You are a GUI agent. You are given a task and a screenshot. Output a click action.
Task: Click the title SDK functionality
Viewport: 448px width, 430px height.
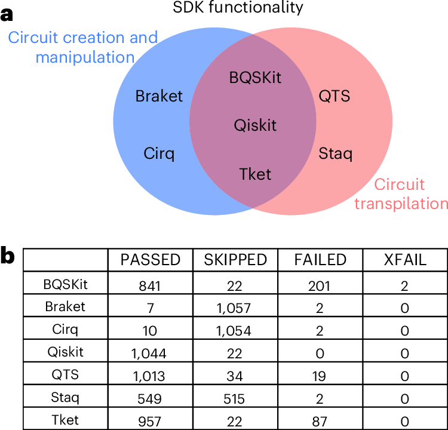coord(238,7)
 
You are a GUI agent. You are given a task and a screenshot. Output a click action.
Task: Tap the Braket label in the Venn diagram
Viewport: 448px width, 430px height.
coord(159,96)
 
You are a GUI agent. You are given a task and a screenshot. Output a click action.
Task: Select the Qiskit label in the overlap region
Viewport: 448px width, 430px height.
coord(255,125)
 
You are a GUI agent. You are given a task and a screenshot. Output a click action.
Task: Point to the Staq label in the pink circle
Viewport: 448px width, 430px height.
coord(336,153)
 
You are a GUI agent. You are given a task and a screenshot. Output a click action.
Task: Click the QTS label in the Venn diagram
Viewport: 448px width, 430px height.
coord(335,96)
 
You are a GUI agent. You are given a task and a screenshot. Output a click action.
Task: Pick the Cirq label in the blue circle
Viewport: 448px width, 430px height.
coord(159,153)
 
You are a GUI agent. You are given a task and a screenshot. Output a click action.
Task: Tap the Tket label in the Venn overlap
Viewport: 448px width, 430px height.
coord(255,174)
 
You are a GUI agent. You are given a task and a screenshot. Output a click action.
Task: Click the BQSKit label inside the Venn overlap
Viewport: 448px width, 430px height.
coord(255,78)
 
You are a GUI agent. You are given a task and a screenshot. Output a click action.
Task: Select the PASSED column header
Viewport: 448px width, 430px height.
coord(151,260)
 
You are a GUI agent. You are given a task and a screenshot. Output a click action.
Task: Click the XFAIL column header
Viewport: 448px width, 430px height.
coord(405,260)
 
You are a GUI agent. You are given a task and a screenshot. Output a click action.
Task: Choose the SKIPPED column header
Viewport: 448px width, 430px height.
coord(235,260)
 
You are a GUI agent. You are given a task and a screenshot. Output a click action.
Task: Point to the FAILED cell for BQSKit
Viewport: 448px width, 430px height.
coord(319,286)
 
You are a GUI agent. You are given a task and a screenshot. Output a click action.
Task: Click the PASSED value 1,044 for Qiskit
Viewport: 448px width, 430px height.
coord(149,354)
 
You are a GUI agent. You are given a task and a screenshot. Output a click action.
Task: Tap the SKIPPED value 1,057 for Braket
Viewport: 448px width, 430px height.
coord(234,308)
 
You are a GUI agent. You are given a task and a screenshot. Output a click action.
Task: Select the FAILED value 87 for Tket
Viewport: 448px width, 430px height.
coord(320,422)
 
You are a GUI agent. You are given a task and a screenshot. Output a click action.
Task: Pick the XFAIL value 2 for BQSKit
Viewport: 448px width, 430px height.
coord(404,286)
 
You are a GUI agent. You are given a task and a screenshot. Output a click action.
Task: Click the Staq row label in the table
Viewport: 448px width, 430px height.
coord(65,398)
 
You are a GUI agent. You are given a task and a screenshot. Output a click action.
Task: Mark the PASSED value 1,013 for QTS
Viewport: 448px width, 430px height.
coord(149,376)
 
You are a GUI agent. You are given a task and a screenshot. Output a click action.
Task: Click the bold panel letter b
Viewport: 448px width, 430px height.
coord(7,256)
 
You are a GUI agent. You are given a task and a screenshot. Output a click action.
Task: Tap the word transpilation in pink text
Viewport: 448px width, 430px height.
coord(401,204)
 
